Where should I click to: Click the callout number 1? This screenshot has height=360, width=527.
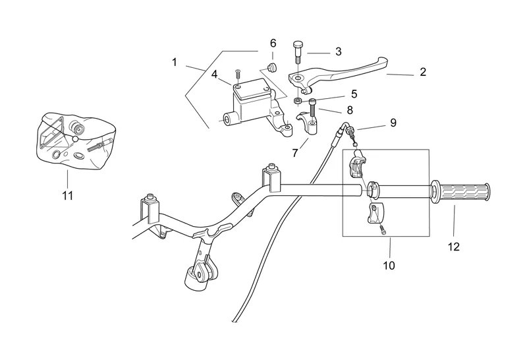[175, 62]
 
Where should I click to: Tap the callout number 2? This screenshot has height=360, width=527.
[423, 73]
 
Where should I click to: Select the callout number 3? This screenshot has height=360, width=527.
[338, 51]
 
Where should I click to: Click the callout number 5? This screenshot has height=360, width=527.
[354, 94]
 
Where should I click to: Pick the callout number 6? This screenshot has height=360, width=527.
[273, 43]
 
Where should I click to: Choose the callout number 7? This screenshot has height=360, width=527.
[295, 152]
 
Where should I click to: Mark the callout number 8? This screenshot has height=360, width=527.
[350, 110]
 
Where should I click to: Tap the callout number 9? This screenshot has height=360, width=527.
[393, 122]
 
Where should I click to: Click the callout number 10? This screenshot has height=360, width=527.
[389, 266]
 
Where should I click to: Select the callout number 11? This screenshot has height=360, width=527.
[67, 195]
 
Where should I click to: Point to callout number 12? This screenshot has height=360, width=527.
[454, 247]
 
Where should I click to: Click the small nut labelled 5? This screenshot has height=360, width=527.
[298, 102]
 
